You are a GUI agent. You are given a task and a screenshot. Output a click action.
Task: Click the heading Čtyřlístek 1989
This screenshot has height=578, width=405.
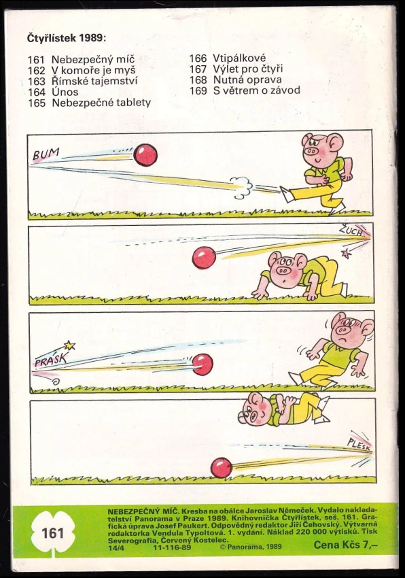coord(67,38)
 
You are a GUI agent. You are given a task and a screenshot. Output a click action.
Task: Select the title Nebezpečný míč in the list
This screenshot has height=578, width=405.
coord(93,59)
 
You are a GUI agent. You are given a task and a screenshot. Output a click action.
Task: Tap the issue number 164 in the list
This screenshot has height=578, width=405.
coord(37,92)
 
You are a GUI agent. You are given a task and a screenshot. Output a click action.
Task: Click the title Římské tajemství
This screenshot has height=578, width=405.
coord(94,81)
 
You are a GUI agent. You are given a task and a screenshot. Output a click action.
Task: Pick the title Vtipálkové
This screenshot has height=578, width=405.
coord(239,58)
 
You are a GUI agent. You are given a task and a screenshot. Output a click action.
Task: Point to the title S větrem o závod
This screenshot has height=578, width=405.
coord(256,90)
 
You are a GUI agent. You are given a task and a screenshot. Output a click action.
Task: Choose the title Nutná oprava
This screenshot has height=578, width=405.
coord(247,80)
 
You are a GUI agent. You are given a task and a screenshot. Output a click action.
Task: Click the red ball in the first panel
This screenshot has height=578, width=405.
coord(145,155)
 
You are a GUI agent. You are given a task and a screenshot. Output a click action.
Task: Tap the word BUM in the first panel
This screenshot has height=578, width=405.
coord(46,154)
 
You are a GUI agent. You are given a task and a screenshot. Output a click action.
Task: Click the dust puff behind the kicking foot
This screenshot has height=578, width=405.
coord(241,186)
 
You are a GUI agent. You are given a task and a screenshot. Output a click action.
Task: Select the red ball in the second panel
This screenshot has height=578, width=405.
coord(204,257)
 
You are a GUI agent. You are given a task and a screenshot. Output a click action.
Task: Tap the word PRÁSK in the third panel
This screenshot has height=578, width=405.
coord(51,358)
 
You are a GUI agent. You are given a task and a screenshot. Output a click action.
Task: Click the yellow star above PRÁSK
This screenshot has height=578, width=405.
coord(69,345)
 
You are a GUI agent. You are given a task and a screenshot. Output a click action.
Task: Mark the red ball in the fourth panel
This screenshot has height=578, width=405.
coord(222,467)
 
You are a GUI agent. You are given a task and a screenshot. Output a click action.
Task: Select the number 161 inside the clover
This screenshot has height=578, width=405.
coord(53,533)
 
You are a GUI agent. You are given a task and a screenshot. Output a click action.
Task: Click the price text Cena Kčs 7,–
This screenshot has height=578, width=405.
coord(346,545)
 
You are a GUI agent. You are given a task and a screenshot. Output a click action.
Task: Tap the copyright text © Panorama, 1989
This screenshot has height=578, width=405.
coord(251,547)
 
